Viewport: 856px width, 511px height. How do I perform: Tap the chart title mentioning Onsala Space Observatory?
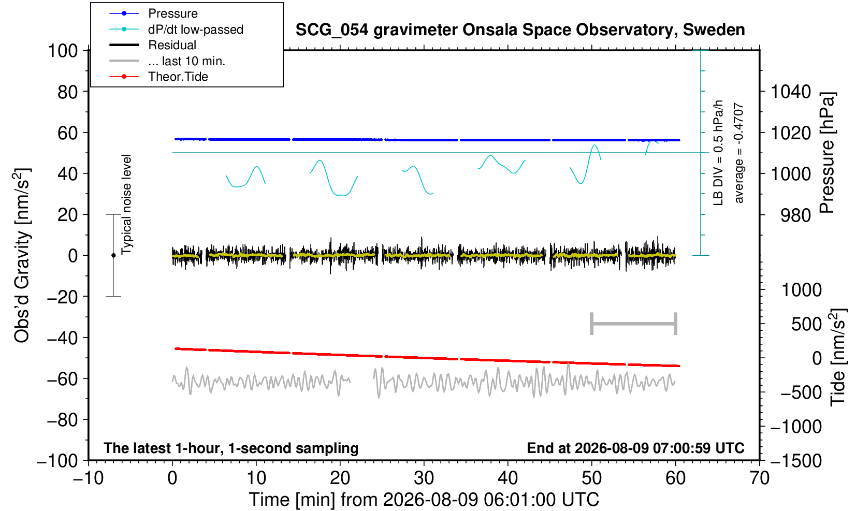pyautogui.click(x=520, y=30)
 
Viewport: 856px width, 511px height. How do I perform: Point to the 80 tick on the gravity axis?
pyautogui.click(x=68, y=92)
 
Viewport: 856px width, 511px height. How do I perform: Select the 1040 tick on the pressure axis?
pyautogui.click(x=791, y=92)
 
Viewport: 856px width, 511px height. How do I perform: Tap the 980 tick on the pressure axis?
pyautogui.click(x=795, y=215)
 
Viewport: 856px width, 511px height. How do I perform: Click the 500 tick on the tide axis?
pyautogui.click(x=806, y=324)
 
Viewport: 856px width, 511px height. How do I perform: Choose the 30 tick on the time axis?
pyautogui.click(x=424, y=478)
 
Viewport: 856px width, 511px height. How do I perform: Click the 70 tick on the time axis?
pyautogui.click(x=759, y=478)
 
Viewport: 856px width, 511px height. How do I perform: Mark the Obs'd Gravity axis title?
pyautogui.click(x=22, y=255)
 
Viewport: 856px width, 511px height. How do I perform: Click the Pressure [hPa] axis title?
pyautogui.click(x=828, y=153)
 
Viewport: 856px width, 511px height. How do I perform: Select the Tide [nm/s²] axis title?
pyautogui.click(x=838, y=358)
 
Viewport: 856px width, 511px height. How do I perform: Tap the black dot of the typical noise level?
pyautogui.click(x=113, y=255)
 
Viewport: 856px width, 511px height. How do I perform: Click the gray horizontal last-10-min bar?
pyautogui.click(x=634, y=324)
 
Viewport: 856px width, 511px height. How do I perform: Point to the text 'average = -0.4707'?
pyautogui.click(x=738, y=153)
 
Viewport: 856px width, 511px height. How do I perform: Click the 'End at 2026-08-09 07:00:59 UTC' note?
pyautogui.click(x=635, y=448)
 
